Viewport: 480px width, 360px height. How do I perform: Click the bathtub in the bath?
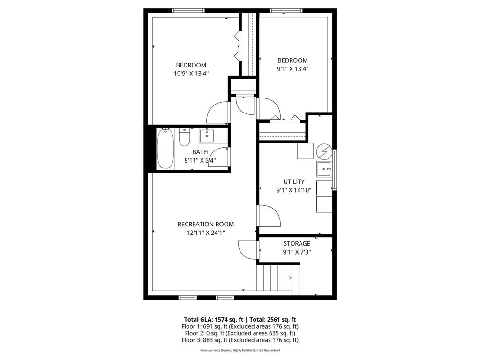pos(165,149)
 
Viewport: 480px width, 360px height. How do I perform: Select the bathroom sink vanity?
pos(206,136)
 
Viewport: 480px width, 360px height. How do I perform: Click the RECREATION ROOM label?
pos(205,224)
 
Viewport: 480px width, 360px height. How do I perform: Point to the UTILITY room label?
pos(294,181)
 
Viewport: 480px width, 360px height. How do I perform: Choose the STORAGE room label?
pos(297,244)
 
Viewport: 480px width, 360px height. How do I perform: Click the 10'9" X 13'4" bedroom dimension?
pos(191,73)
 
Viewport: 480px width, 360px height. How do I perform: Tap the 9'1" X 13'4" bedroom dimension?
pos(292,68)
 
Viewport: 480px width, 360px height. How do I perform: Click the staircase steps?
pos(277,277)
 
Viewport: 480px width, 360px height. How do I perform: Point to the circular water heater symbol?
pos(323,151)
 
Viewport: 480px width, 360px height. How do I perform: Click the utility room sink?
pos(324,168)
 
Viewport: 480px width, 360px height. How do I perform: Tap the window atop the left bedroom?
pos(188,10)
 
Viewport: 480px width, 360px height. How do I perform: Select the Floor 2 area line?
pos(240,333)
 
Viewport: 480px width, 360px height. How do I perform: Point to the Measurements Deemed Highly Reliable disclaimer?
pos(240,350)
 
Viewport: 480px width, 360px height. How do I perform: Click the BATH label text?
pos(200,152)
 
